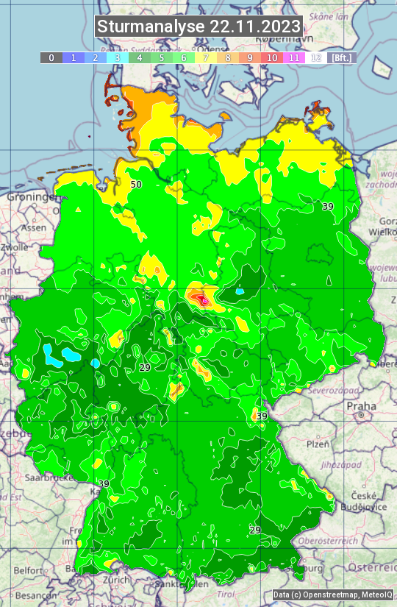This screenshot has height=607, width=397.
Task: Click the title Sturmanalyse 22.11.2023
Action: (198, 26)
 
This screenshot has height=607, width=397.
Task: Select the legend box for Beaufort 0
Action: (51, 57)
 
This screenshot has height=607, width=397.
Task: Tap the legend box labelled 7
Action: (206, 57)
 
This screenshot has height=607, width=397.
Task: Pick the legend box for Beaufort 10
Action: (272, 57)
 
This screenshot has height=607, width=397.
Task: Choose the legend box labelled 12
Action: (316, 57)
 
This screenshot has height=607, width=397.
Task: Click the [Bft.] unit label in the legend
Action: (342, 57)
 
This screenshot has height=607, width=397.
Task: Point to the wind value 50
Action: (136, 184)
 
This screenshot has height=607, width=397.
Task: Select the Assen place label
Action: (33, 228)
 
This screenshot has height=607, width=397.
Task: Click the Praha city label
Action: (361, 405)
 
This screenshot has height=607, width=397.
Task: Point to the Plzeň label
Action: (318, 444)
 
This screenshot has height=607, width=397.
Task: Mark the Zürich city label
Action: (116, 579)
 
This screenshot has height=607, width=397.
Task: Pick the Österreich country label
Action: (372, 567)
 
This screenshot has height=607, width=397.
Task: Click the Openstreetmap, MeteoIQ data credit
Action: (332, 594)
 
